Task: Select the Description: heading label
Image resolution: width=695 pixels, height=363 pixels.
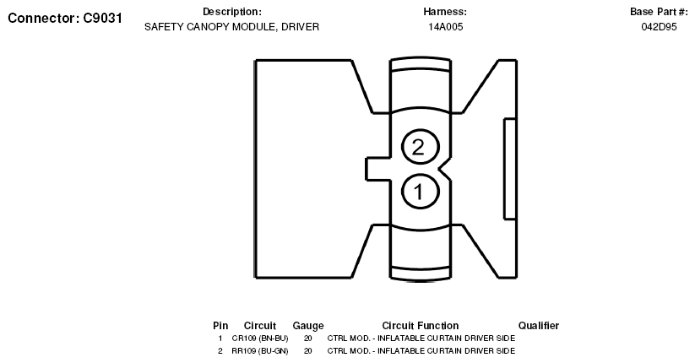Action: [232, 12]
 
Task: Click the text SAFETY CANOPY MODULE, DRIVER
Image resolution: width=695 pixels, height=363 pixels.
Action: [232, 27]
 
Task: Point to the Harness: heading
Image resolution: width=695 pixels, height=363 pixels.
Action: [445, 12]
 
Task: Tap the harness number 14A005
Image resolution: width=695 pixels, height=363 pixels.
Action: [445, 27]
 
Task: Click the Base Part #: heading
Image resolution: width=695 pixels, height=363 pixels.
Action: [660, 12]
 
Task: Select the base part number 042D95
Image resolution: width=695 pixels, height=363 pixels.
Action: [660, 27]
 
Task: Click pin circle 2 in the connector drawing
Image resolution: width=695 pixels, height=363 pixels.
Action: [418, 148]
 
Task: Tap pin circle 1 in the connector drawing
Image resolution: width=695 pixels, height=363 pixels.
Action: [418, 191]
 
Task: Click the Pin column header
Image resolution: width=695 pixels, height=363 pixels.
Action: [220, 326]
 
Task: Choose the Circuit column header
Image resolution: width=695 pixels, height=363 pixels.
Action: [260, 326]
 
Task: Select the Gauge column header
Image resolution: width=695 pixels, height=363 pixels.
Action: [308, 326]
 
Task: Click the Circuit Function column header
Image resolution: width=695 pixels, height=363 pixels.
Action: [421, 326]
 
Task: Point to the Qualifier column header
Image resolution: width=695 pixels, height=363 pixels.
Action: [539, 326]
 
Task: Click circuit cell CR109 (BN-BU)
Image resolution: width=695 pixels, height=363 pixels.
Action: [260, 339]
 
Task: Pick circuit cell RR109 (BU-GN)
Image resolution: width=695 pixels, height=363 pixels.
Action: [260, 350]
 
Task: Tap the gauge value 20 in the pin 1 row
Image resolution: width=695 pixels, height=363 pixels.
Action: [308, 339]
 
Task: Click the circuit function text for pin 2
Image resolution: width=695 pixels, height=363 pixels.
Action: [421, 350]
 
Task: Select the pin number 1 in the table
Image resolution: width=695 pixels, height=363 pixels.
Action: [220, 339]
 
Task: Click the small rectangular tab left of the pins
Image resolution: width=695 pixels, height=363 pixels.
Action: [377, 169]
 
